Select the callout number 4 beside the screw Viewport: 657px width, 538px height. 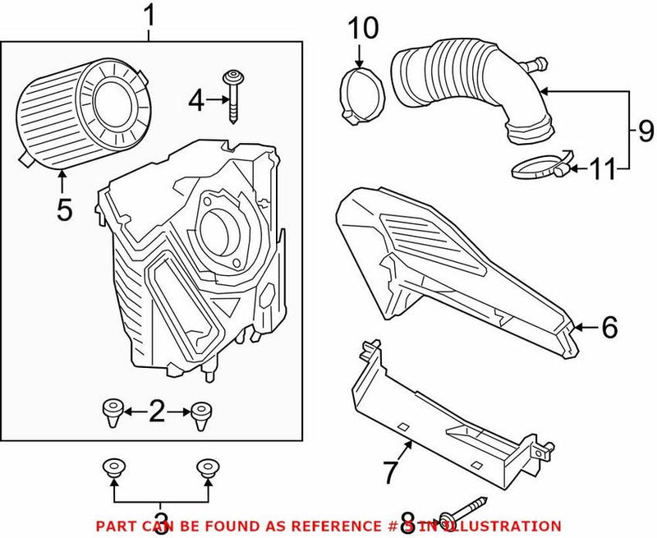coord(195,102)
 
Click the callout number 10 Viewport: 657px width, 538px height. coord(362,30)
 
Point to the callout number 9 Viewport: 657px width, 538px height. coord(644,130)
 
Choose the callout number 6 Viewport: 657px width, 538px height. coord(608,328)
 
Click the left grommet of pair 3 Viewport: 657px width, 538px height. coord(112,469)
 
